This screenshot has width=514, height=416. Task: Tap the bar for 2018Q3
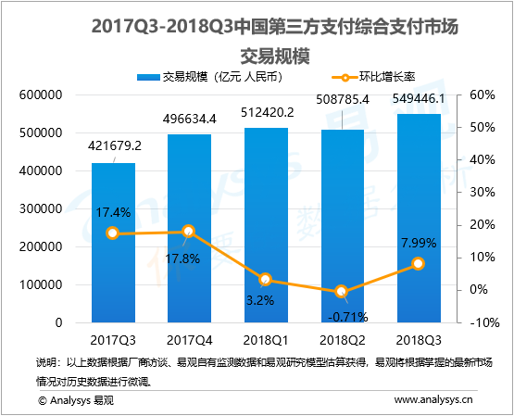(418, 218)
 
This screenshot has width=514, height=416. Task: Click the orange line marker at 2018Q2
(342, 291)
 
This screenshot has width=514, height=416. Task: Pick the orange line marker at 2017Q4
(189, 232)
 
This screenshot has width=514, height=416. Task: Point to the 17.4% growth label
(113, 213)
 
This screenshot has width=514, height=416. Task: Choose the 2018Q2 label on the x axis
(342, 339)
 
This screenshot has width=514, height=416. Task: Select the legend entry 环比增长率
(378, 76)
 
